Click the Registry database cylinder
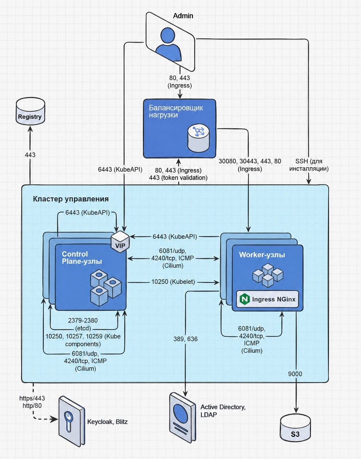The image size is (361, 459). click(30, 111)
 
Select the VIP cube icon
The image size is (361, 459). click(120, 242)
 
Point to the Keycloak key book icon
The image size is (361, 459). click(72, 421)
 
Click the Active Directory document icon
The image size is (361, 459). click(182, 418)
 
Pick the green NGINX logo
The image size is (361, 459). click(244, 299)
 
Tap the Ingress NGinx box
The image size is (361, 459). click(268, 299)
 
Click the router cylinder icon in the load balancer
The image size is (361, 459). click(198, 138)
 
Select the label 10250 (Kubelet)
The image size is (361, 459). click(173, 282)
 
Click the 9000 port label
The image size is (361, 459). click(295, 374)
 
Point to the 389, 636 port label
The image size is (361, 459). click(185, 339)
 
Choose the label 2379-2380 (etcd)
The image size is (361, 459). click(83, 324)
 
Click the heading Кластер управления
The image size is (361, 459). click(71, 199)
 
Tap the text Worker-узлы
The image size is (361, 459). click(262, 255)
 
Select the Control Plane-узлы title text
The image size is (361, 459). click(82, 258)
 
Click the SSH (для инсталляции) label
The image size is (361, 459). click(309, 165)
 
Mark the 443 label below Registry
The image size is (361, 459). click(30, 155)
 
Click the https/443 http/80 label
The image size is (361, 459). click(32, 402)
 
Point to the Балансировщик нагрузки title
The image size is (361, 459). click(176, 111)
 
